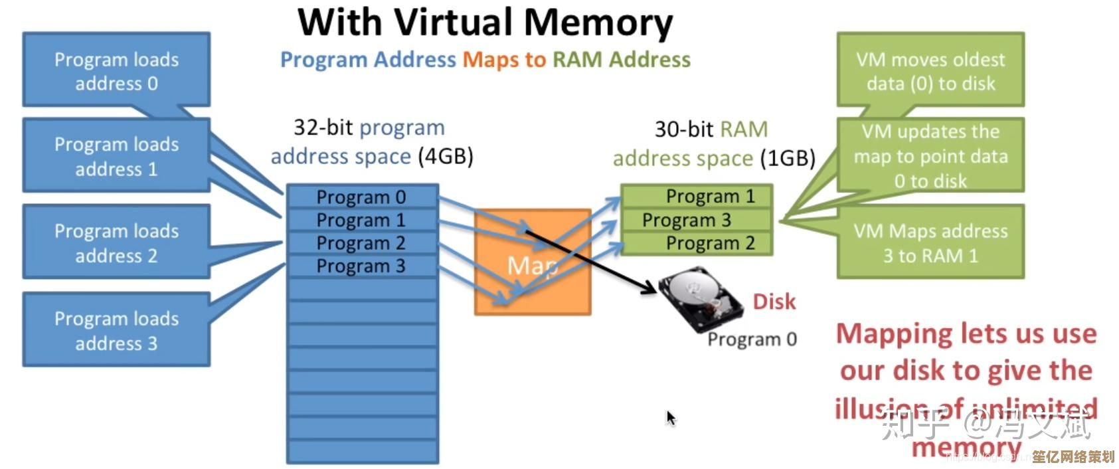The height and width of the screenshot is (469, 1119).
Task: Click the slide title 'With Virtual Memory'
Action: coord(485,23)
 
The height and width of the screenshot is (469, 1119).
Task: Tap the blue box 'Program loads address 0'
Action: coord(116,70)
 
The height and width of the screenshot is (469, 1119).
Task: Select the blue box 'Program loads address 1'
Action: coord(116,155)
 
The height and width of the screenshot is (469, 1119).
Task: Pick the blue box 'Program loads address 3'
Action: coord(116,330)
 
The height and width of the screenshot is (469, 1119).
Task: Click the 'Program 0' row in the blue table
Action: coord(362,197)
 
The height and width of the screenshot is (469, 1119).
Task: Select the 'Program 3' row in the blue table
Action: coord(362,266)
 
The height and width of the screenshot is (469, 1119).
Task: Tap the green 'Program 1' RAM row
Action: coord(697,196)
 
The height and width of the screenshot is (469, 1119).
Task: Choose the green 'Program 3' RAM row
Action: coord(697,219)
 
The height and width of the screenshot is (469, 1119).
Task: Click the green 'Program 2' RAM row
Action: coord(697,243)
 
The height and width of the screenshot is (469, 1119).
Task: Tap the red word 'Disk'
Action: coord(774,302)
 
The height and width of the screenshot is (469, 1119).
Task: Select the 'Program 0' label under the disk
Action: coord(752,339)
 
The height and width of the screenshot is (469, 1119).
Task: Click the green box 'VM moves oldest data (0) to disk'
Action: coord(930,70)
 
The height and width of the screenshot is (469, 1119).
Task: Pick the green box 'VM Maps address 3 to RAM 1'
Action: coord(930,242)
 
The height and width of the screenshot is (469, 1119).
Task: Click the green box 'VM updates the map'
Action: coord(930,155)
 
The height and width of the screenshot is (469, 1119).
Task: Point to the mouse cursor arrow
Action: coord(671,418)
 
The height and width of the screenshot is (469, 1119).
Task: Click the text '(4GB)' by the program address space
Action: coord(445,157)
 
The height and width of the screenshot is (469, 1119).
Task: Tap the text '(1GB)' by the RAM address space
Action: coord(788,159)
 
